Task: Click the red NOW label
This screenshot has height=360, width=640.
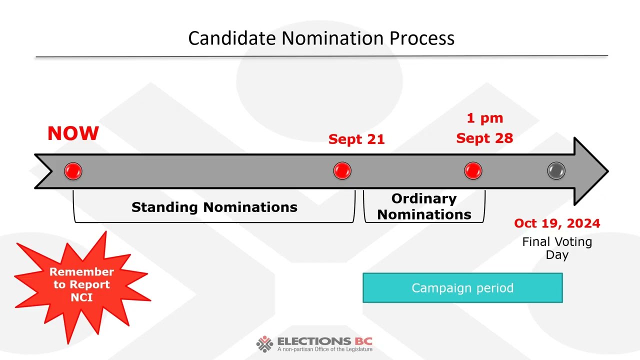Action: (x=73, y=133)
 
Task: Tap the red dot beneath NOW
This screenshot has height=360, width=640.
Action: (x=73, y=171)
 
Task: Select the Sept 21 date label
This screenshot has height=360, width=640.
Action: (x=356, y=139)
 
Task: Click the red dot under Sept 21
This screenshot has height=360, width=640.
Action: (x=342, y=171)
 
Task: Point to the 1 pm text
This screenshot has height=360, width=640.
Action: (x=484, y=118)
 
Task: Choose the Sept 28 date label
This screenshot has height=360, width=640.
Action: (x=484, y=138)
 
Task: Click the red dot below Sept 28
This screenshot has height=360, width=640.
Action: (x=473, y=171)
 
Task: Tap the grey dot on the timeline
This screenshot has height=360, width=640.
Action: (x=556, y=171)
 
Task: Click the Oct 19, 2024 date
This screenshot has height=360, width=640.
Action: (x=557, y=223)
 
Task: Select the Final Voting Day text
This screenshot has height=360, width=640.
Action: (x=557, y=248)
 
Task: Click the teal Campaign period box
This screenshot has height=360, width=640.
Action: (x=462, y=288)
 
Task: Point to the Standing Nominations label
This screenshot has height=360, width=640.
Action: (x=214, y=207)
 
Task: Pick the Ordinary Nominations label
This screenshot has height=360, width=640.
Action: (x=424, y=206)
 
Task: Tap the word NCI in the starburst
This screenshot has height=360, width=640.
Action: (x=81, y=297)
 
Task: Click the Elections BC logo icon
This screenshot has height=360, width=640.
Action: (x=264, y=344)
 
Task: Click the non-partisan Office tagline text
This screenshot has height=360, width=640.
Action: (x=324, y=349)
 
